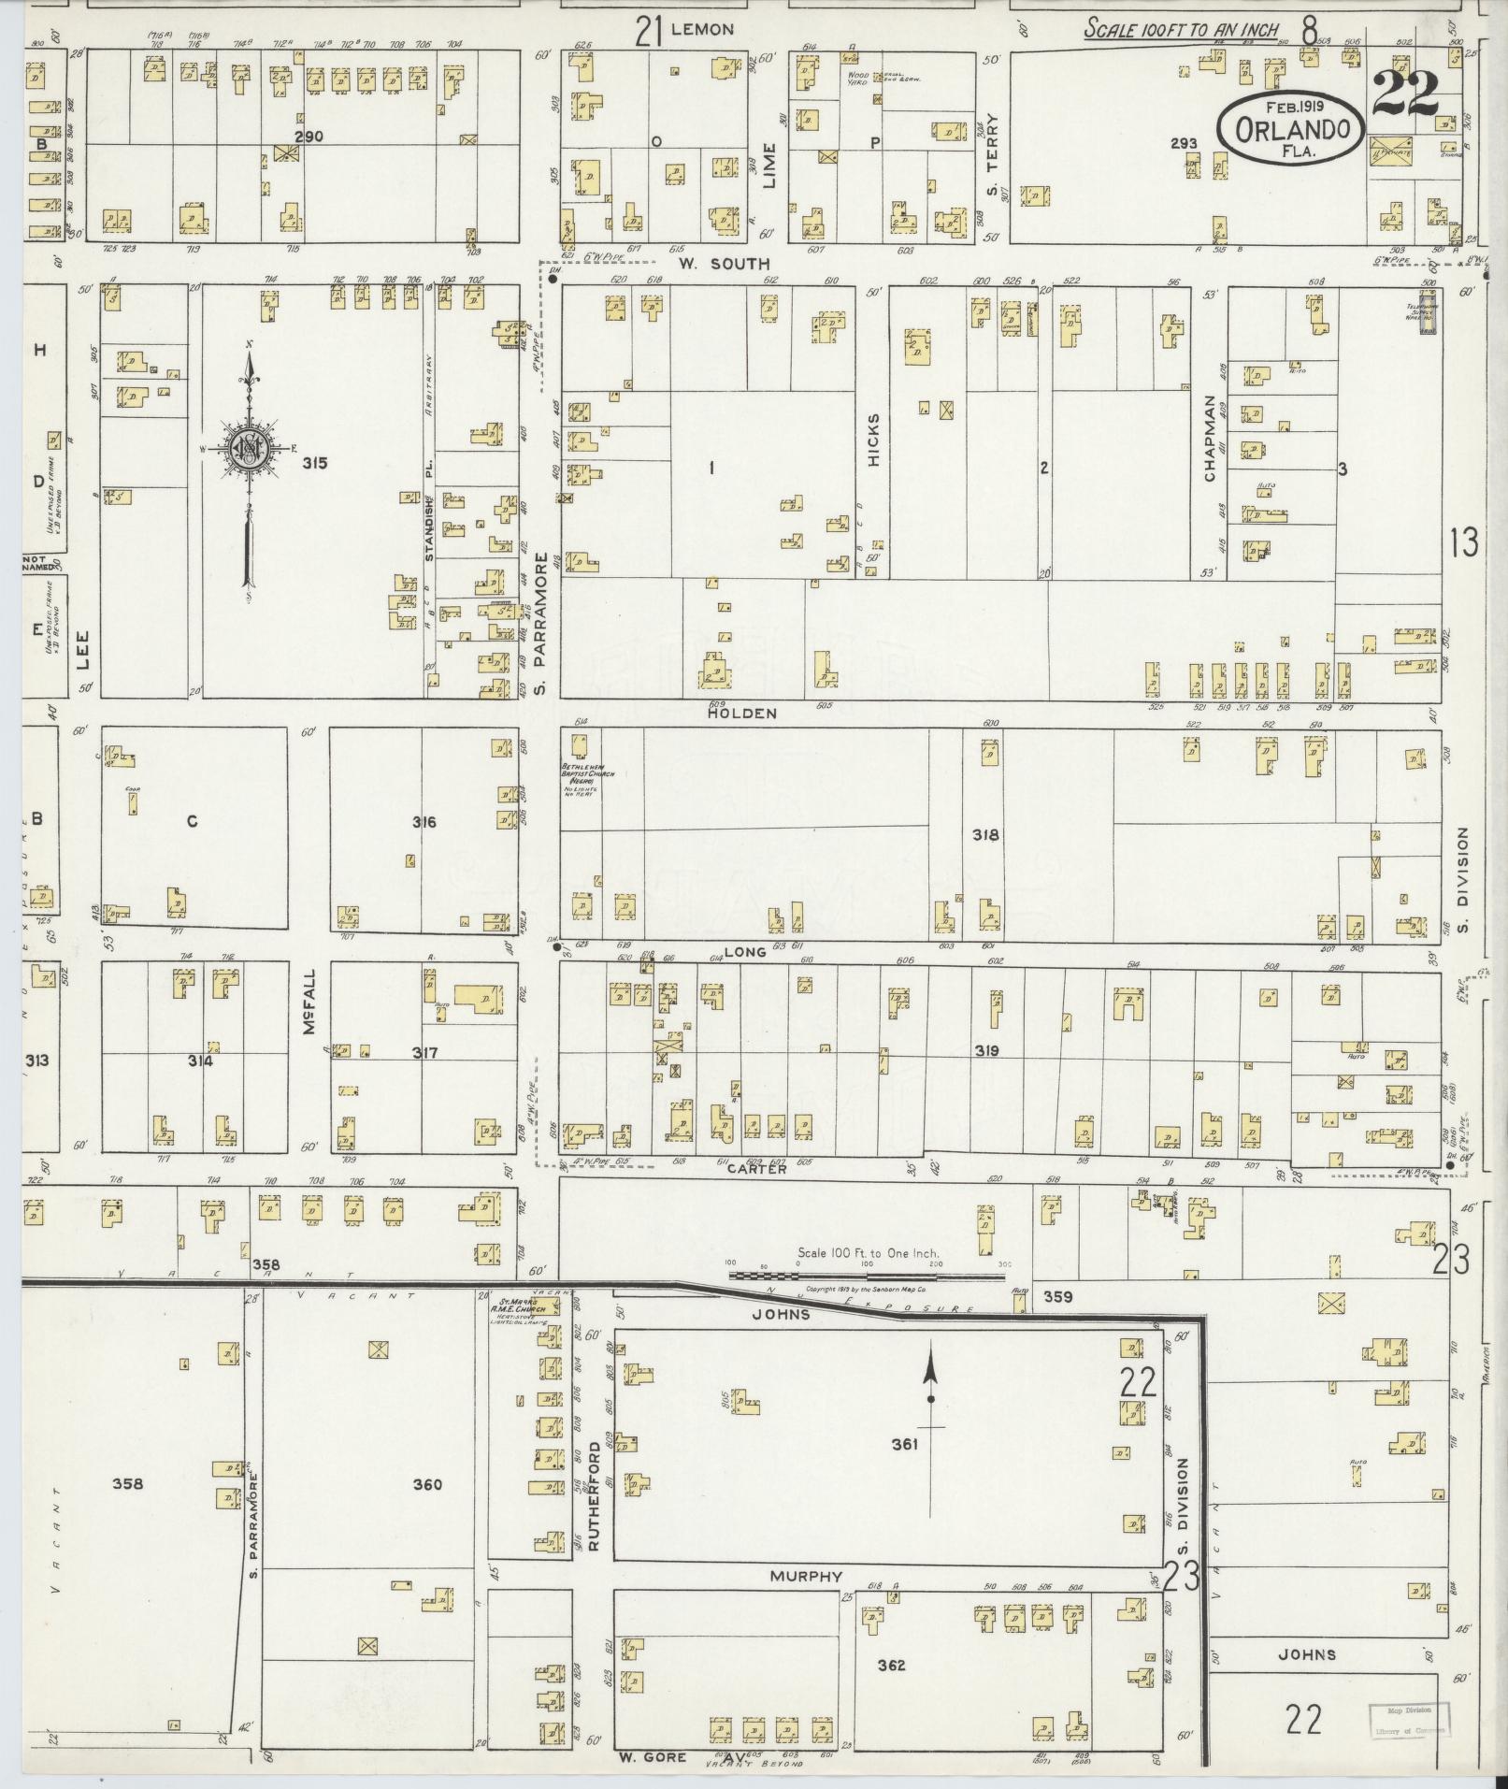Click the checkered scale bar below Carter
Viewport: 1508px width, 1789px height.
point(867,1273)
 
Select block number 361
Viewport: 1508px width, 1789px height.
point(904,1470)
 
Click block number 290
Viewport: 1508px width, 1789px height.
point(309,137)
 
